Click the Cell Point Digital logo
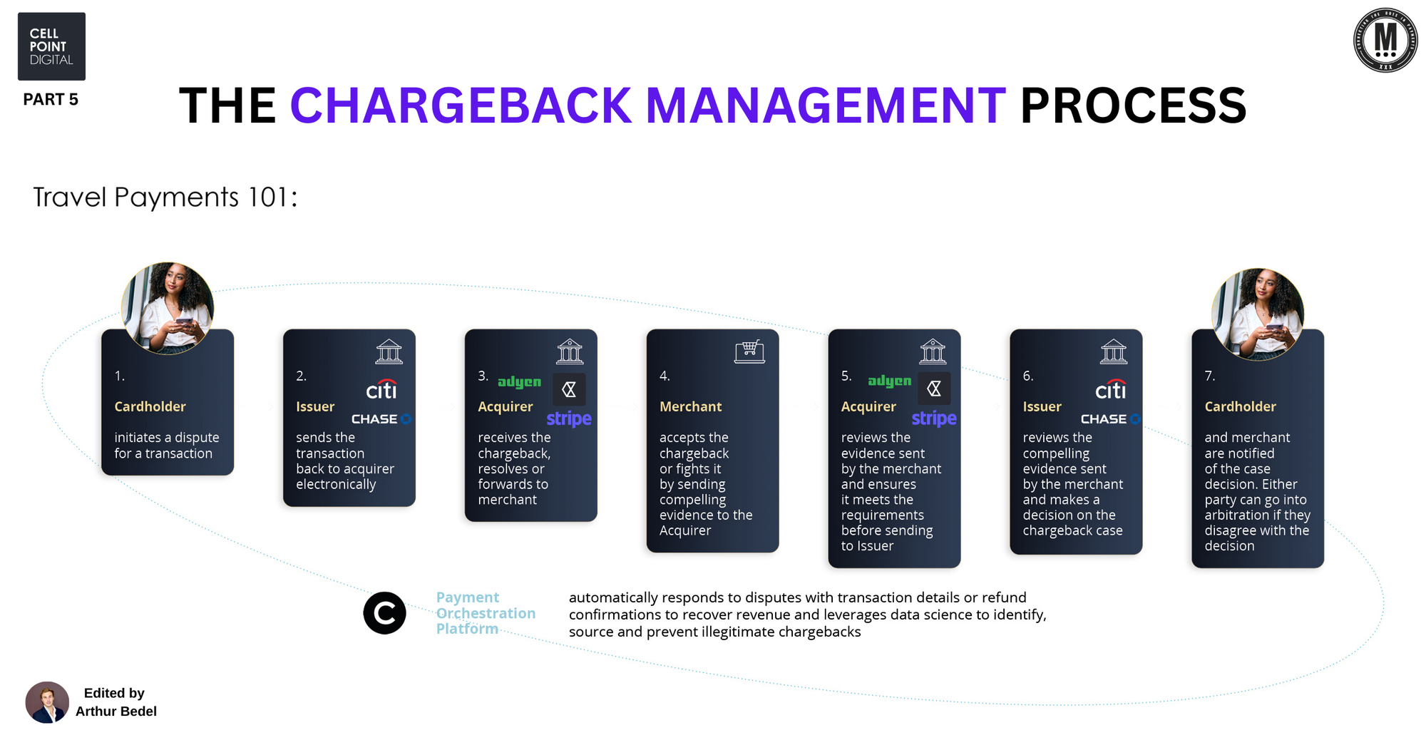pyautogui.click(x=51, y=46)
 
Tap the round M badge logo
pyautogui.click(x=1385, y=41)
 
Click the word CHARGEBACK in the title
pyautogui.click(x=461, y=106)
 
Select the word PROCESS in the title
pyautogui.click(x=1133, y=106)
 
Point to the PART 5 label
pyautogui.click(x=51, y=100)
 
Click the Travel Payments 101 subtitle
pyautogui.click(x=165, y=197)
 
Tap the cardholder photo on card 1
pyautogui.click(x=168, y=308)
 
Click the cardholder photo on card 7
pyautogui.click(x=1258, y=314)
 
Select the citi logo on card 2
pyautogui.click(x=381, y=389)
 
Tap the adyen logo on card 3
pyautogui.click(x=519, y=382)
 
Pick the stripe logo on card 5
pyautogui.click(x=934, y=418)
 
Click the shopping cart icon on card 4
pyautogui.click(x=749, y=351)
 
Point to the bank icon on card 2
pyautogui.click(x=389, y=351)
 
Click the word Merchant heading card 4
pyautogui.click(x=690, y=406)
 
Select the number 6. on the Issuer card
pyautogui.click(x=1028, y=376)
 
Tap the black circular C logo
pyautogui.click(x=384, y=613)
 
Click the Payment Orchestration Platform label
pyautogui.click(x=486, y=613)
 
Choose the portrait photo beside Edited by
pyautogui.click(x=47, y=702)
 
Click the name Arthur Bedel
pyautogui.click(x=116, y=711)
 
